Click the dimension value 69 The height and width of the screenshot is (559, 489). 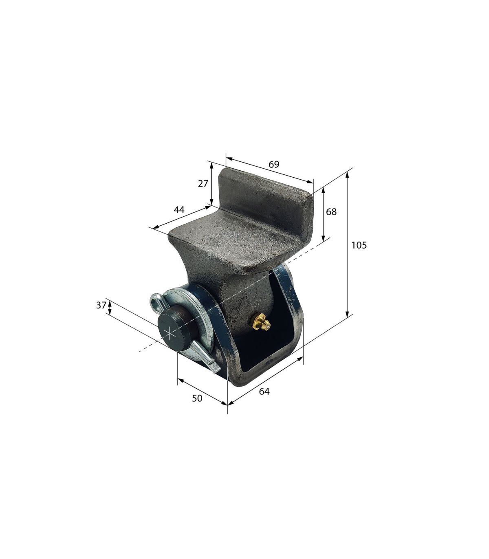274,164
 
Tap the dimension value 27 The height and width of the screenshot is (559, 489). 203,184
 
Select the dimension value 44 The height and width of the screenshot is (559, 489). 179,210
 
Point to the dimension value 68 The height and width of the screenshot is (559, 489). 331,212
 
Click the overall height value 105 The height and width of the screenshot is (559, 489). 359,245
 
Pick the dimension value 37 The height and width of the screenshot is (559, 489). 101,305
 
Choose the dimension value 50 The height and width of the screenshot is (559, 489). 197,398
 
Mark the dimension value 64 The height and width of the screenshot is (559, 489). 264,391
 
